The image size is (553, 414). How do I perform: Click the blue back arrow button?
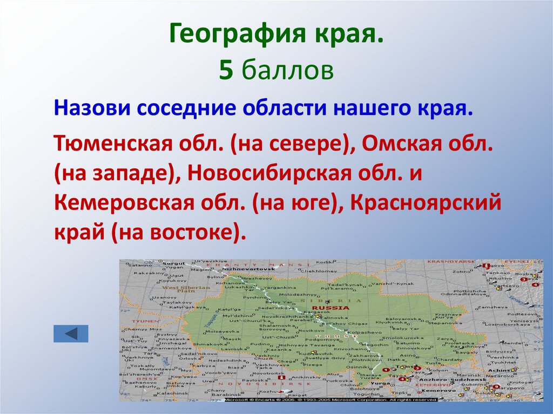(x=70, y=332)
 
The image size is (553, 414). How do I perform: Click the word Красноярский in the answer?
(x=426, y=203)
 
